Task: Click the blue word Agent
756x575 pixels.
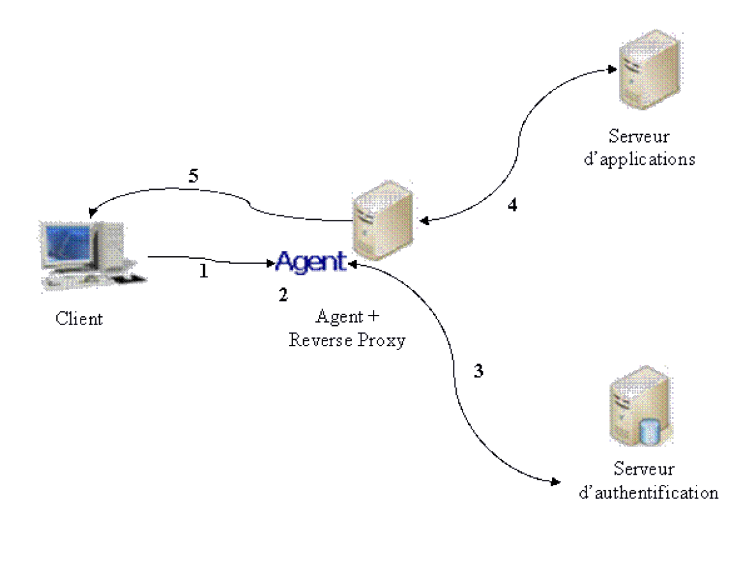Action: click(311, 262)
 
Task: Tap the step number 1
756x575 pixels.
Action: click(203, 271)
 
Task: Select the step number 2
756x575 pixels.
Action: click(283, 295)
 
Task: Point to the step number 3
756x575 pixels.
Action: click(478, 371)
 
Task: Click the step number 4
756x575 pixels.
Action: click(512, 204)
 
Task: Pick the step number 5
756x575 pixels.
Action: click(193, 176)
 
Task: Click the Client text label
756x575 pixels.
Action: click(79, 318)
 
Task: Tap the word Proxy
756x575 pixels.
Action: click(381, 341)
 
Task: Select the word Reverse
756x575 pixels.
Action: click(320, 340)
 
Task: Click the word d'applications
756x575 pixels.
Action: click(640, 159)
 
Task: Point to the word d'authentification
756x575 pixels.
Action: click(649, 493)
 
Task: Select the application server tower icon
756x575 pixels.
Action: click(650, 69)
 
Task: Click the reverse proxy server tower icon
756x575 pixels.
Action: click(383, 220)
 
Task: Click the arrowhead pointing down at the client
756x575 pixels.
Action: click(91, 213)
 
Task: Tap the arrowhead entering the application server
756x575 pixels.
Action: click(612, 70)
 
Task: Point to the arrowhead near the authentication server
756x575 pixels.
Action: click(555, 481)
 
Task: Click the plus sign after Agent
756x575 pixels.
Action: click(373, 316)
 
